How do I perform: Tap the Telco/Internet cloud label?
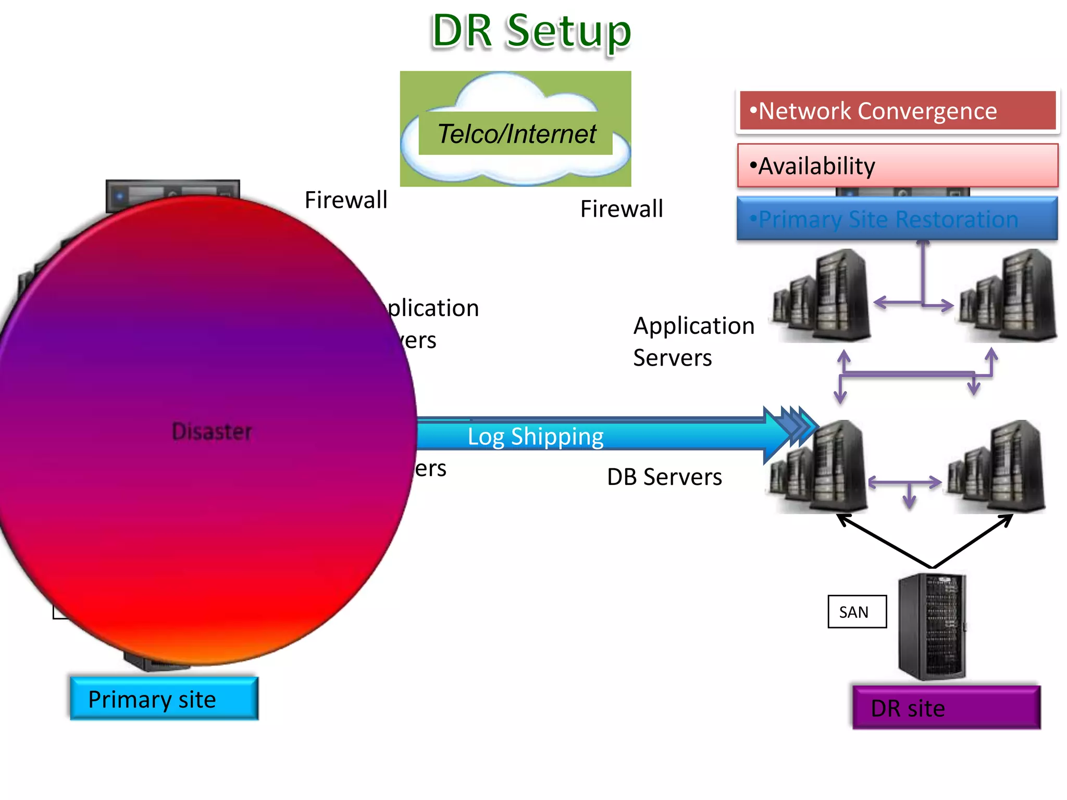516,134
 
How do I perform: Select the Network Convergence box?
897,111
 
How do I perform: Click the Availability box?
897,166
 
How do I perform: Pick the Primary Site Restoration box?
897,219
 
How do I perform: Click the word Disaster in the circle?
212,432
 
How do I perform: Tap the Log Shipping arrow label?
535,436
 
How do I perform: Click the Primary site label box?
164,699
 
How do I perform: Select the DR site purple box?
946,708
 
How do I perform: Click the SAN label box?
857,612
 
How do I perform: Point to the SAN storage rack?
933,627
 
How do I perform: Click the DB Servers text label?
664,477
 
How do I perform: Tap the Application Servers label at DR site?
693,342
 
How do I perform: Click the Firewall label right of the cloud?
622,209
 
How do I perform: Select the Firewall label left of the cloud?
346,200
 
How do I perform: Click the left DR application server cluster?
823,297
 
